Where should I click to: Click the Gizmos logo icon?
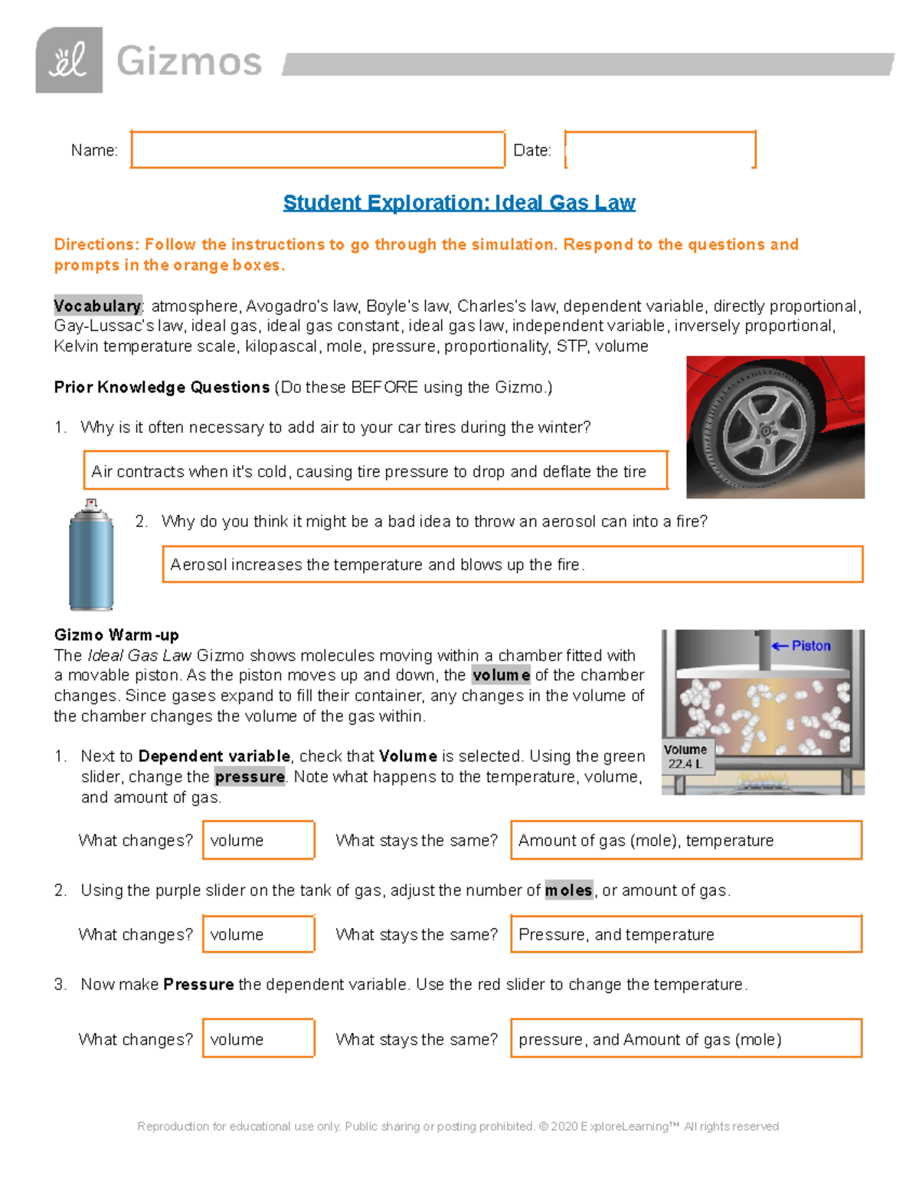click(x=69, y=61)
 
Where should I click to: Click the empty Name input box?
click(x=317, y=149)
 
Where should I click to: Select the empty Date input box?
click(x=659, y=149)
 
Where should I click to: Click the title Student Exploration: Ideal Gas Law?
click(x=459, y=202)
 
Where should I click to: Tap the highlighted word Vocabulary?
click(x=97, y=306)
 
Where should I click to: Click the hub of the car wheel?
click(x=765, y=431)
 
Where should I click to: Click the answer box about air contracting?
click(x=375, y=470)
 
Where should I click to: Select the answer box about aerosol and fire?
click(x=512, y=565)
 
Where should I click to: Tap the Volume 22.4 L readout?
click(x=686, y=756)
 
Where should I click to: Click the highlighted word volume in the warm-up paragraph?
click(x=501, y=675)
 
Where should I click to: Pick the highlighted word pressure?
click(x=250, y=777)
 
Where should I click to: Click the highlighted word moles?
click(x=568, y=890)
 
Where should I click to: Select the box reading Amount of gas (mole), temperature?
click(x=685, y=841)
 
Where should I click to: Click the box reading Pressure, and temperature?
click(x=685, y=934)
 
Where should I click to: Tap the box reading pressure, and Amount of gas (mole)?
click(x=685, y=1039)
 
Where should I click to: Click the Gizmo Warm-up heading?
click(x=116, y=634)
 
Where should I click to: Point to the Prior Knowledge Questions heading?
click(x=162, y=387)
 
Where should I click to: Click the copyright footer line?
click(x=458, y=1126)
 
